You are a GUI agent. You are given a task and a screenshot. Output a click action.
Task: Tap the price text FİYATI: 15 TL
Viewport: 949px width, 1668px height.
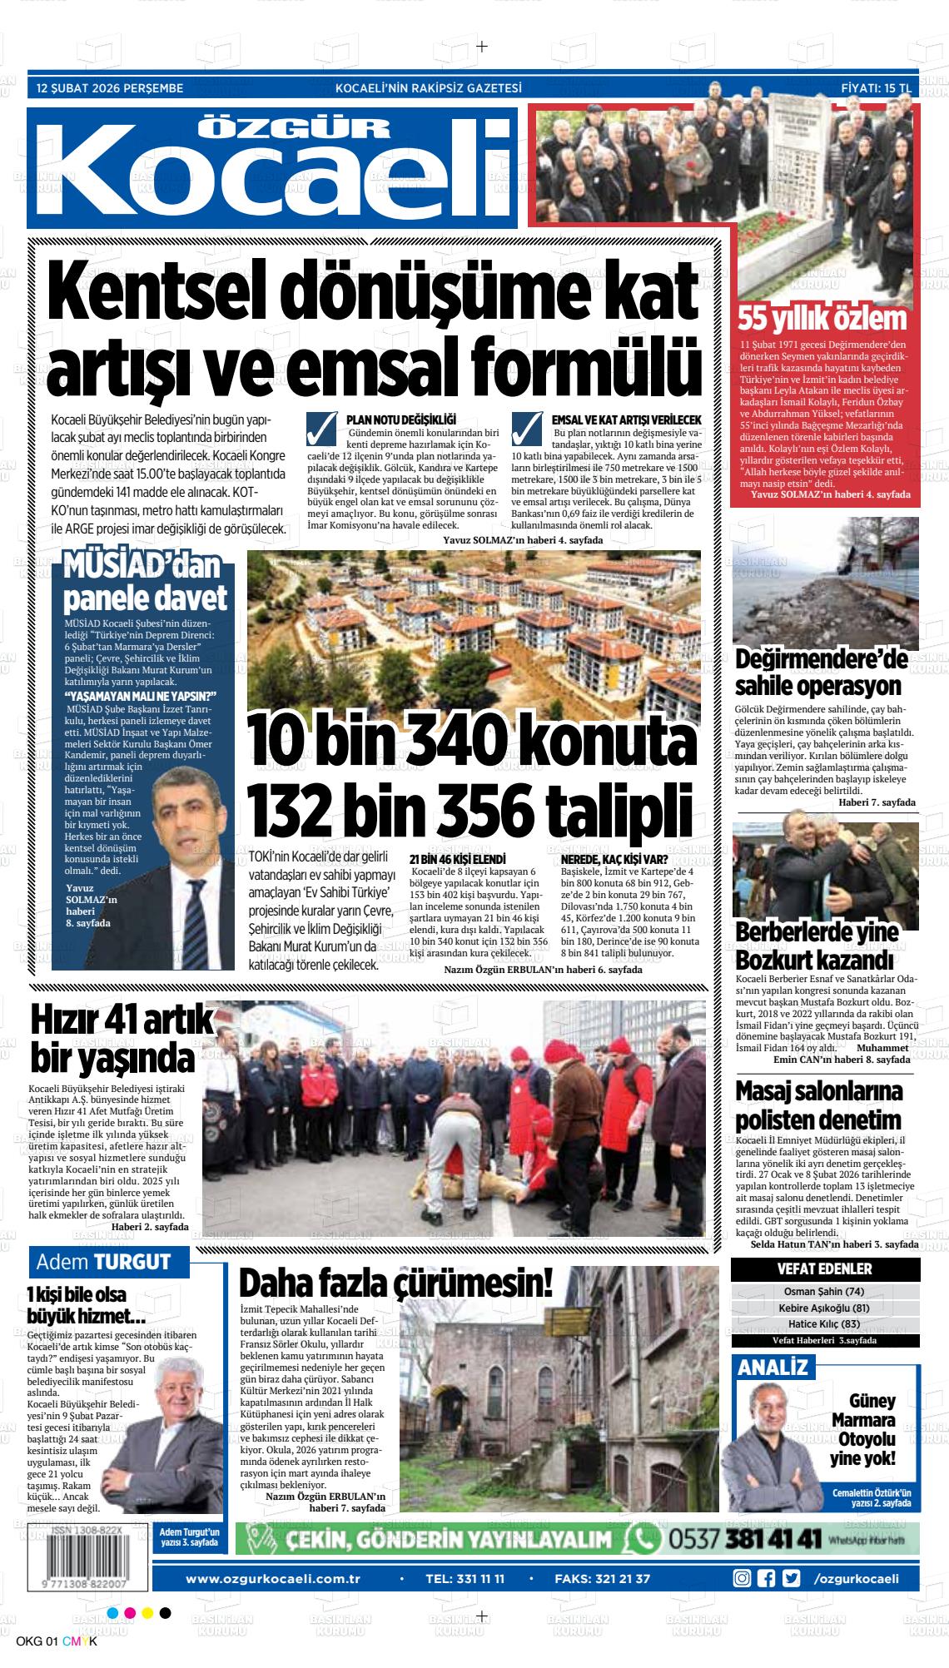(877, 87)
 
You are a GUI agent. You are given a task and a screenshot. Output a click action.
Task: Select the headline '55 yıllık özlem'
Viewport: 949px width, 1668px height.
(822, 320)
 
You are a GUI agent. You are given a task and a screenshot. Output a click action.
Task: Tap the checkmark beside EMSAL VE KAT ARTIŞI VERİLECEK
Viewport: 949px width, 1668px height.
(527, 429)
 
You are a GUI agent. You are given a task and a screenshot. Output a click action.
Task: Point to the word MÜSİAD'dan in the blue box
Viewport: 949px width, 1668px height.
(142, 568)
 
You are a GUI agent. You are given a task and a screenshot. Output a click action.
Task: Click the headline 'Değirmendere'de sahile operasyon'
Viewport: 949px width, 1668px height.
(821, 673)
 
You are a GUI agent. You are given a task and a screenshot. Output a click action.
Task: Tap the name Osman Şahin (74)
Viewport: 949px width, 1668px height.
(824, 1292)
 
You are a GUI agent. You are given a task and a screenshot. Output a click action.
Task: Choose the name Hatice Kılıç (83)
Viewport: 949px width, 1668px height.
(824, 1324)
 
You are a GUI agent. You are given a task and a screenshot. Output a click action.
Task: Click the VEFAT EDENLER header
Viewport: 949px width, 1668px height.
(824, 1269)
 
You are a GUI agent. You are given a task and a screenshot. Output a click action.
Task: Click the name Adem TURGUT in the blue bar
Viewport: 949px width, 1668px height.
(103, 1262)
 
